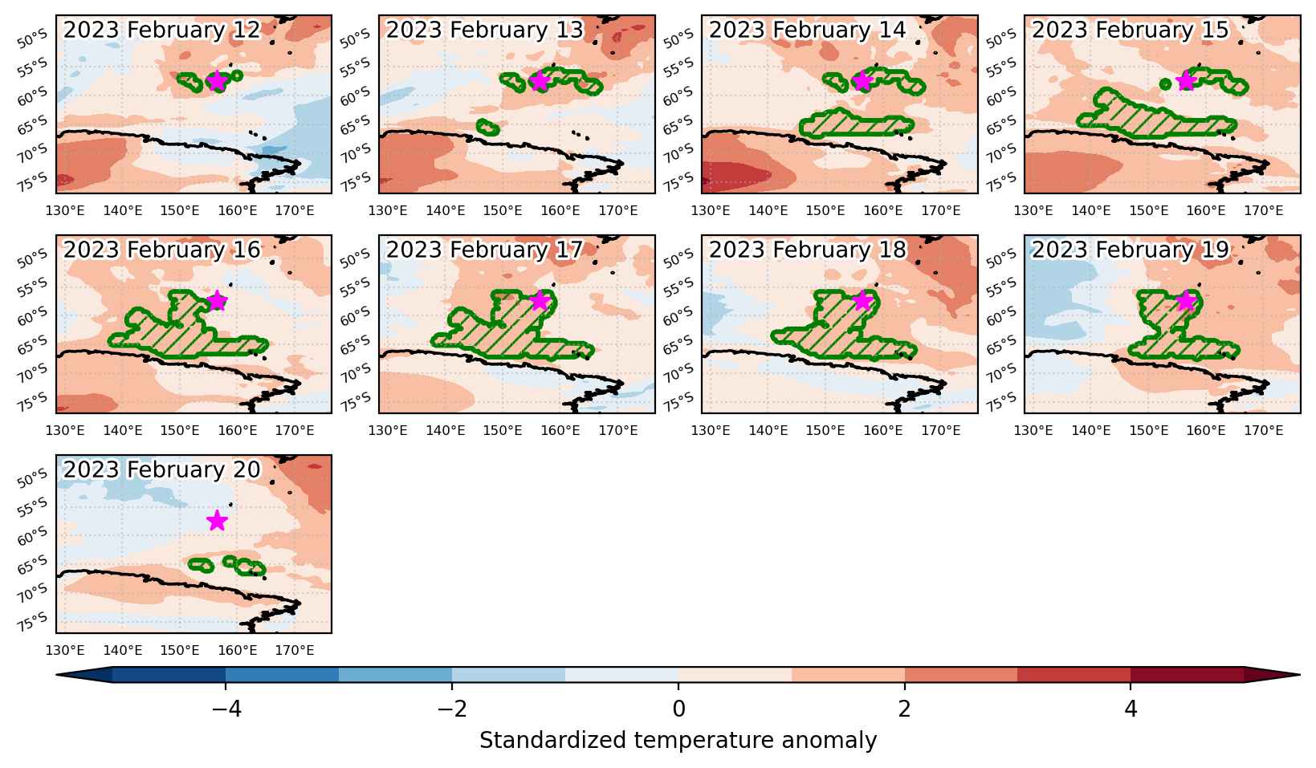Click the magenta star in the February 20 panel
218,520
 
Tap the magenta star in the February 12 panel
218,80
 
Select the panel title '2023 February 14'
807,30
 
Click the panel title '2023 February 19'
1131,250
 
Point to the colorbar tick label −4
226,709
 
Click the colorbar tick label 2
905,709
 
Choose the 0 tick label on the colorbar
678,709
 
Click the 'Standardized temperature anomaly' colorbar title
678,741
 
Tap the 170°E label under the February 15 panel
1264,211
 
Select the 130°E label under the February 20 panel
64,651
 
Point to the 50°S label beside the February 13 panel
355,39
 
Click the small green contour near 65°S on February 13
487,128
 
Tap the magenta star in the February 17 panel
540,301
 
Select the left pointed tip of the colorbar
56,675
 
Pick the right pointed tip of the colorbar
1300,675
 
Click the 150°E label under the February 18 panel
825,431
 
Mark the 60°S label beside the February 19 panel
1001,315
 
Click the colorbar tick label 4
1131,709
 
